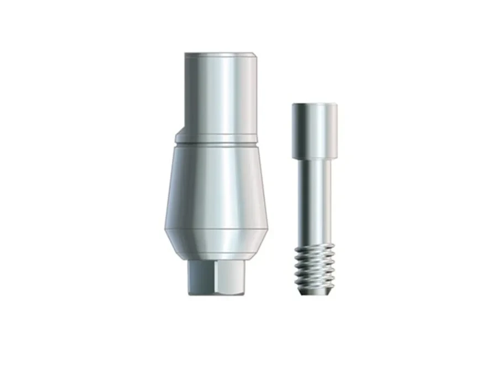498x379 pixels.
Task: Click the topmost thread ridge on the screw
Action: click(x=313, y=248)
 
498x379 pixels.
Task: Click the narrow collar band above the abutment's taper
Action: click(x=218, y=140)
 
